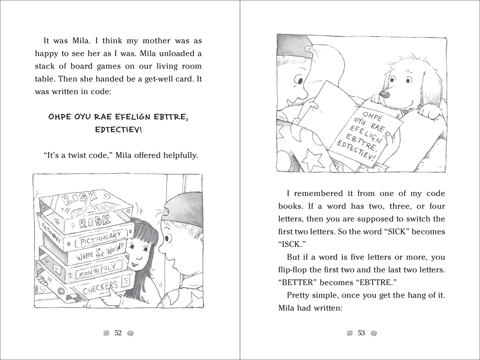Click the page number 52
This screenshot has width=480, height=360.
(x=118, y=333)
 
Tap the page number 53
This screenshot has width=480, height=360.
(x=361, y=333)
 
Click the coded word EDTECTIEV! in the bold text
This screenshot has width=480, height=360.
(x=118, y=129)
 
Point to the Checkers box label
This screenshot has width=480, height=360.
(x=100, y=288)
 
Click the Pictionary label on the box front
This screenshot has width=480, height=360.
(x=101, y=239)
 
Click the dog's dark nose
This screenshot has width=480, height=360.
(x=384, y=94)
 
